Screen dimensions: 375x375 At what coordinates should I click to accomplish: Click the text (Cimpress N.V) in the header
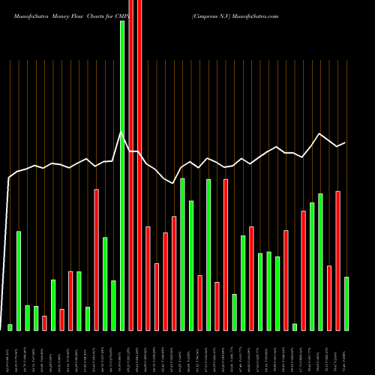212,15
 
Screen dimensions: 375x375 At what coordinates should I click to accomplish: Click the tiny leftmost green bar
10,326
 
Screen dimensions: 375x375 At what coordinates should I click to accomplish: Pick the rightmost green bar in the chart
346,303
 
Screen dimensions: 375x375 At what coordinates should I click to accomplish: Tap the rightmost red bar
337,260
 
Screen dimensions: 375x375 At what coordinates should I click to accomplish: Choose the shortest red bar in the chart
44,322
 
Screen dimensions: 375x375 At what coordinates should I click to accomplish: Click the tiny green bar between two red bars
295,326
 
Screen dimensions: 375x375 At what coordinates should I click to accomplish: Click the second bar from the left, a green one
19,280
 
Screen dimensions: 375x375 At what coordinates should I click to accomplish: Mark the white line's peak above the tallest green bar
121,133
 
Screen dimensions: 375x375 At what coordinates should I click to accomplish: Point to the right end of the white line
346,142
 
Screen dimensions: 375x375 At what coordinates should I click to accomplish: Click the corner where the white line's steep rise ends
10,178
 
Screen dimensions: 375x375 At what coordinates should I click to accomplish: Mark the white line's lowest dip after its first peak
173,182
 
